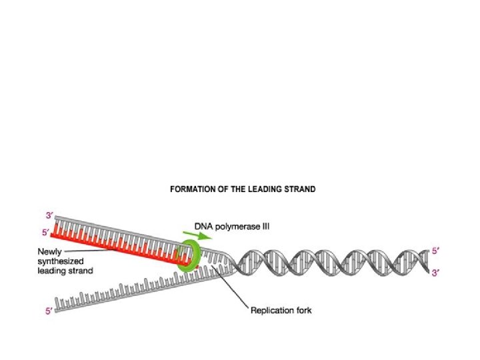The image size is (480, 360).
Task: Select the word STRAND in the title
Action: coord(299,189)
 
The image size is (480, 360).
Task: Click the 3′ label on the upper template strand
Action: coord(50,215)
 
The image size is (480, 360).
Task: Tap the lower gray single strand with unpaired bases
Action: coord(133,293)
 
